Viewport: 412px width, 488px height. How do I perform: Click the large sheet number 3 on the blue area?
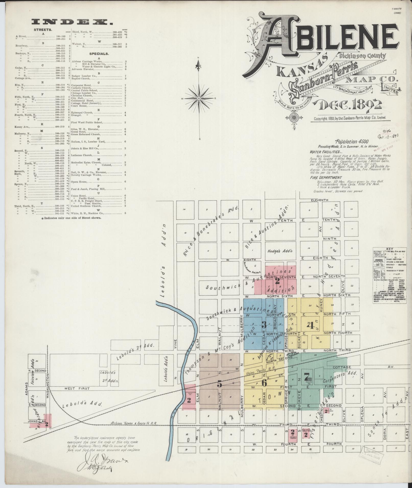click(264, 324)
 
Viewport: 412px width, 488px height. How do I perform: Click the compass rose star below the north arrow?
click(198, 98)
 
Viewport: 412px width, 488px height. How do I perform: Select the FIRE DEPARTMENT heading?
click(326, 177)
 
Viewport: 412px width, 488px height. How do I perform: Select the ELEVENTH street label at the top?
click(319, 200)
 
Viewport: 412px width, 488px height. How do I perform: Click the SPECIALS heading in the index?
click(99, 54)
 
